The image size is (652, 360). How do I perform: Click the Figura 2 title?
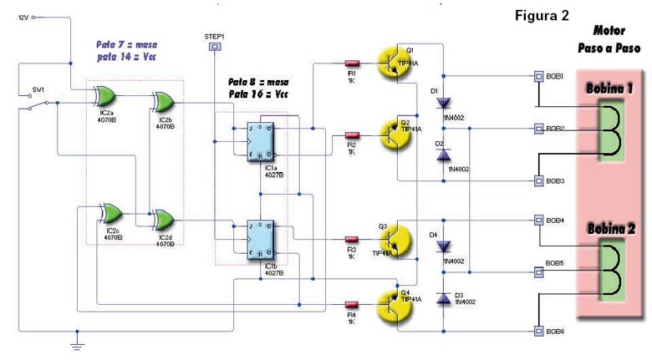tap(542, 16)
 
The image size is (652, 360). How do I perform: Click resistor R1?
tap(351, 63)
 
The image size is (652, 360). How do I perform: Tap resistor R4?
tap(351, 303)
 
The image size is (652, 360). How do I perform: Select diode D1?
tap(443, 103)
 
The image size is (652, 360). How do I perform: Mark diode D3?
tap(443, 298)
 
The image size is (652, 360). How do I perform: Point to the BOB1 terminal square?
tap(539, 77)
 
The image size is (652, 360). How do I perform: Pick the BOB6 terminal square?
tap(539, 331)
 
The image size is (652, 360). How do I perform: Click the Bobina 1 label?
tap(609, 88)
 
